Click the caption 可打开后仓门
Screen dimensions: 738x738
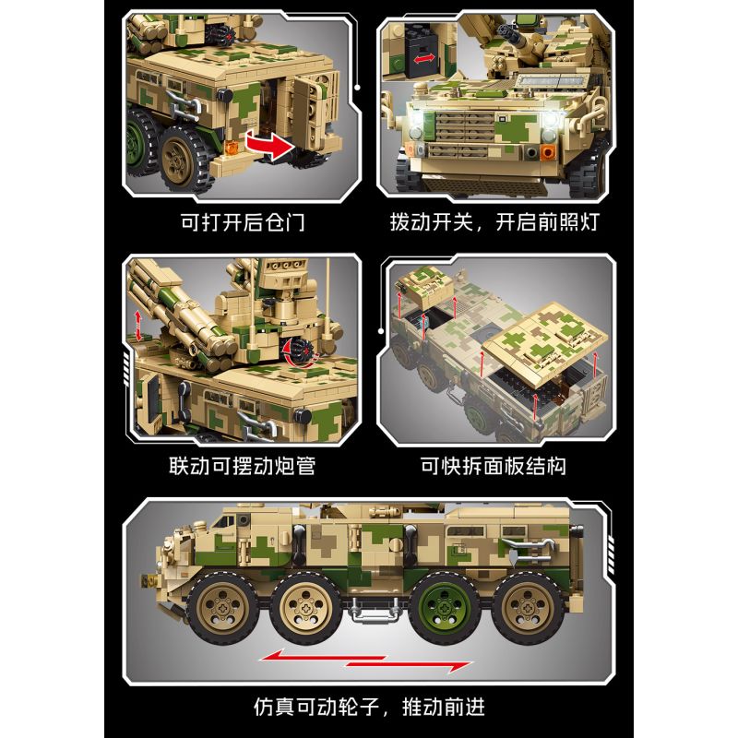tap(241, 222)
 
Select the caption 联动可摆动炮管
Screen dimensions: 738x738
tap(241, 466)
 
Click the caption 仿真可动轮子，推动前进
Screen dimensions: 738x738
tap(369, 708)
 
